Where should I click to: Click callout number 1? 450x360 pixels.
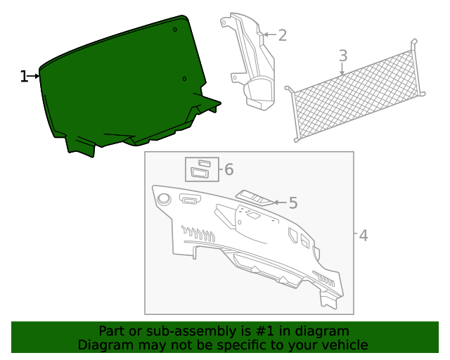[24, 76]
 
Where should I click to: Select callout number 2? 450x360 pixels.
[282, 35]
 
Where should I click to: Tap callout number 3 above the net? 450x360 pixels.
[342, 55]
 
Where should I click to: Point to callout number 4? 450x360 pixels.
[363, 236]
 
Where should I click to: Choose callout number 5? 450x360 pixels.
[292, 203]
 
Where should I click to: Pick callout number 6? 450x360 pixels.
[229, 169]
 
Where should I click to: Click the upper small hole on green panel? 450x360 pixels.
[175, 30]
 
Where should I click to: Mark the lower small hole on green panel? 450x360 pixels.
[184, 78]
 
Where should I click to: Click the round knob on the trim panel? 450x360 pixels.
[164, 199]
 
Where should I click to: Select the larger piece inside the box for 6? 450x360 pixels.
[200, 173]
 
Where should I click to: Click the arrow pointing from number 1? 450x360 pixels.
[33, 76]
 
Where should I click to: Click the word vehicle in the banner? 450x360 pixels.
[342, 345]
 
